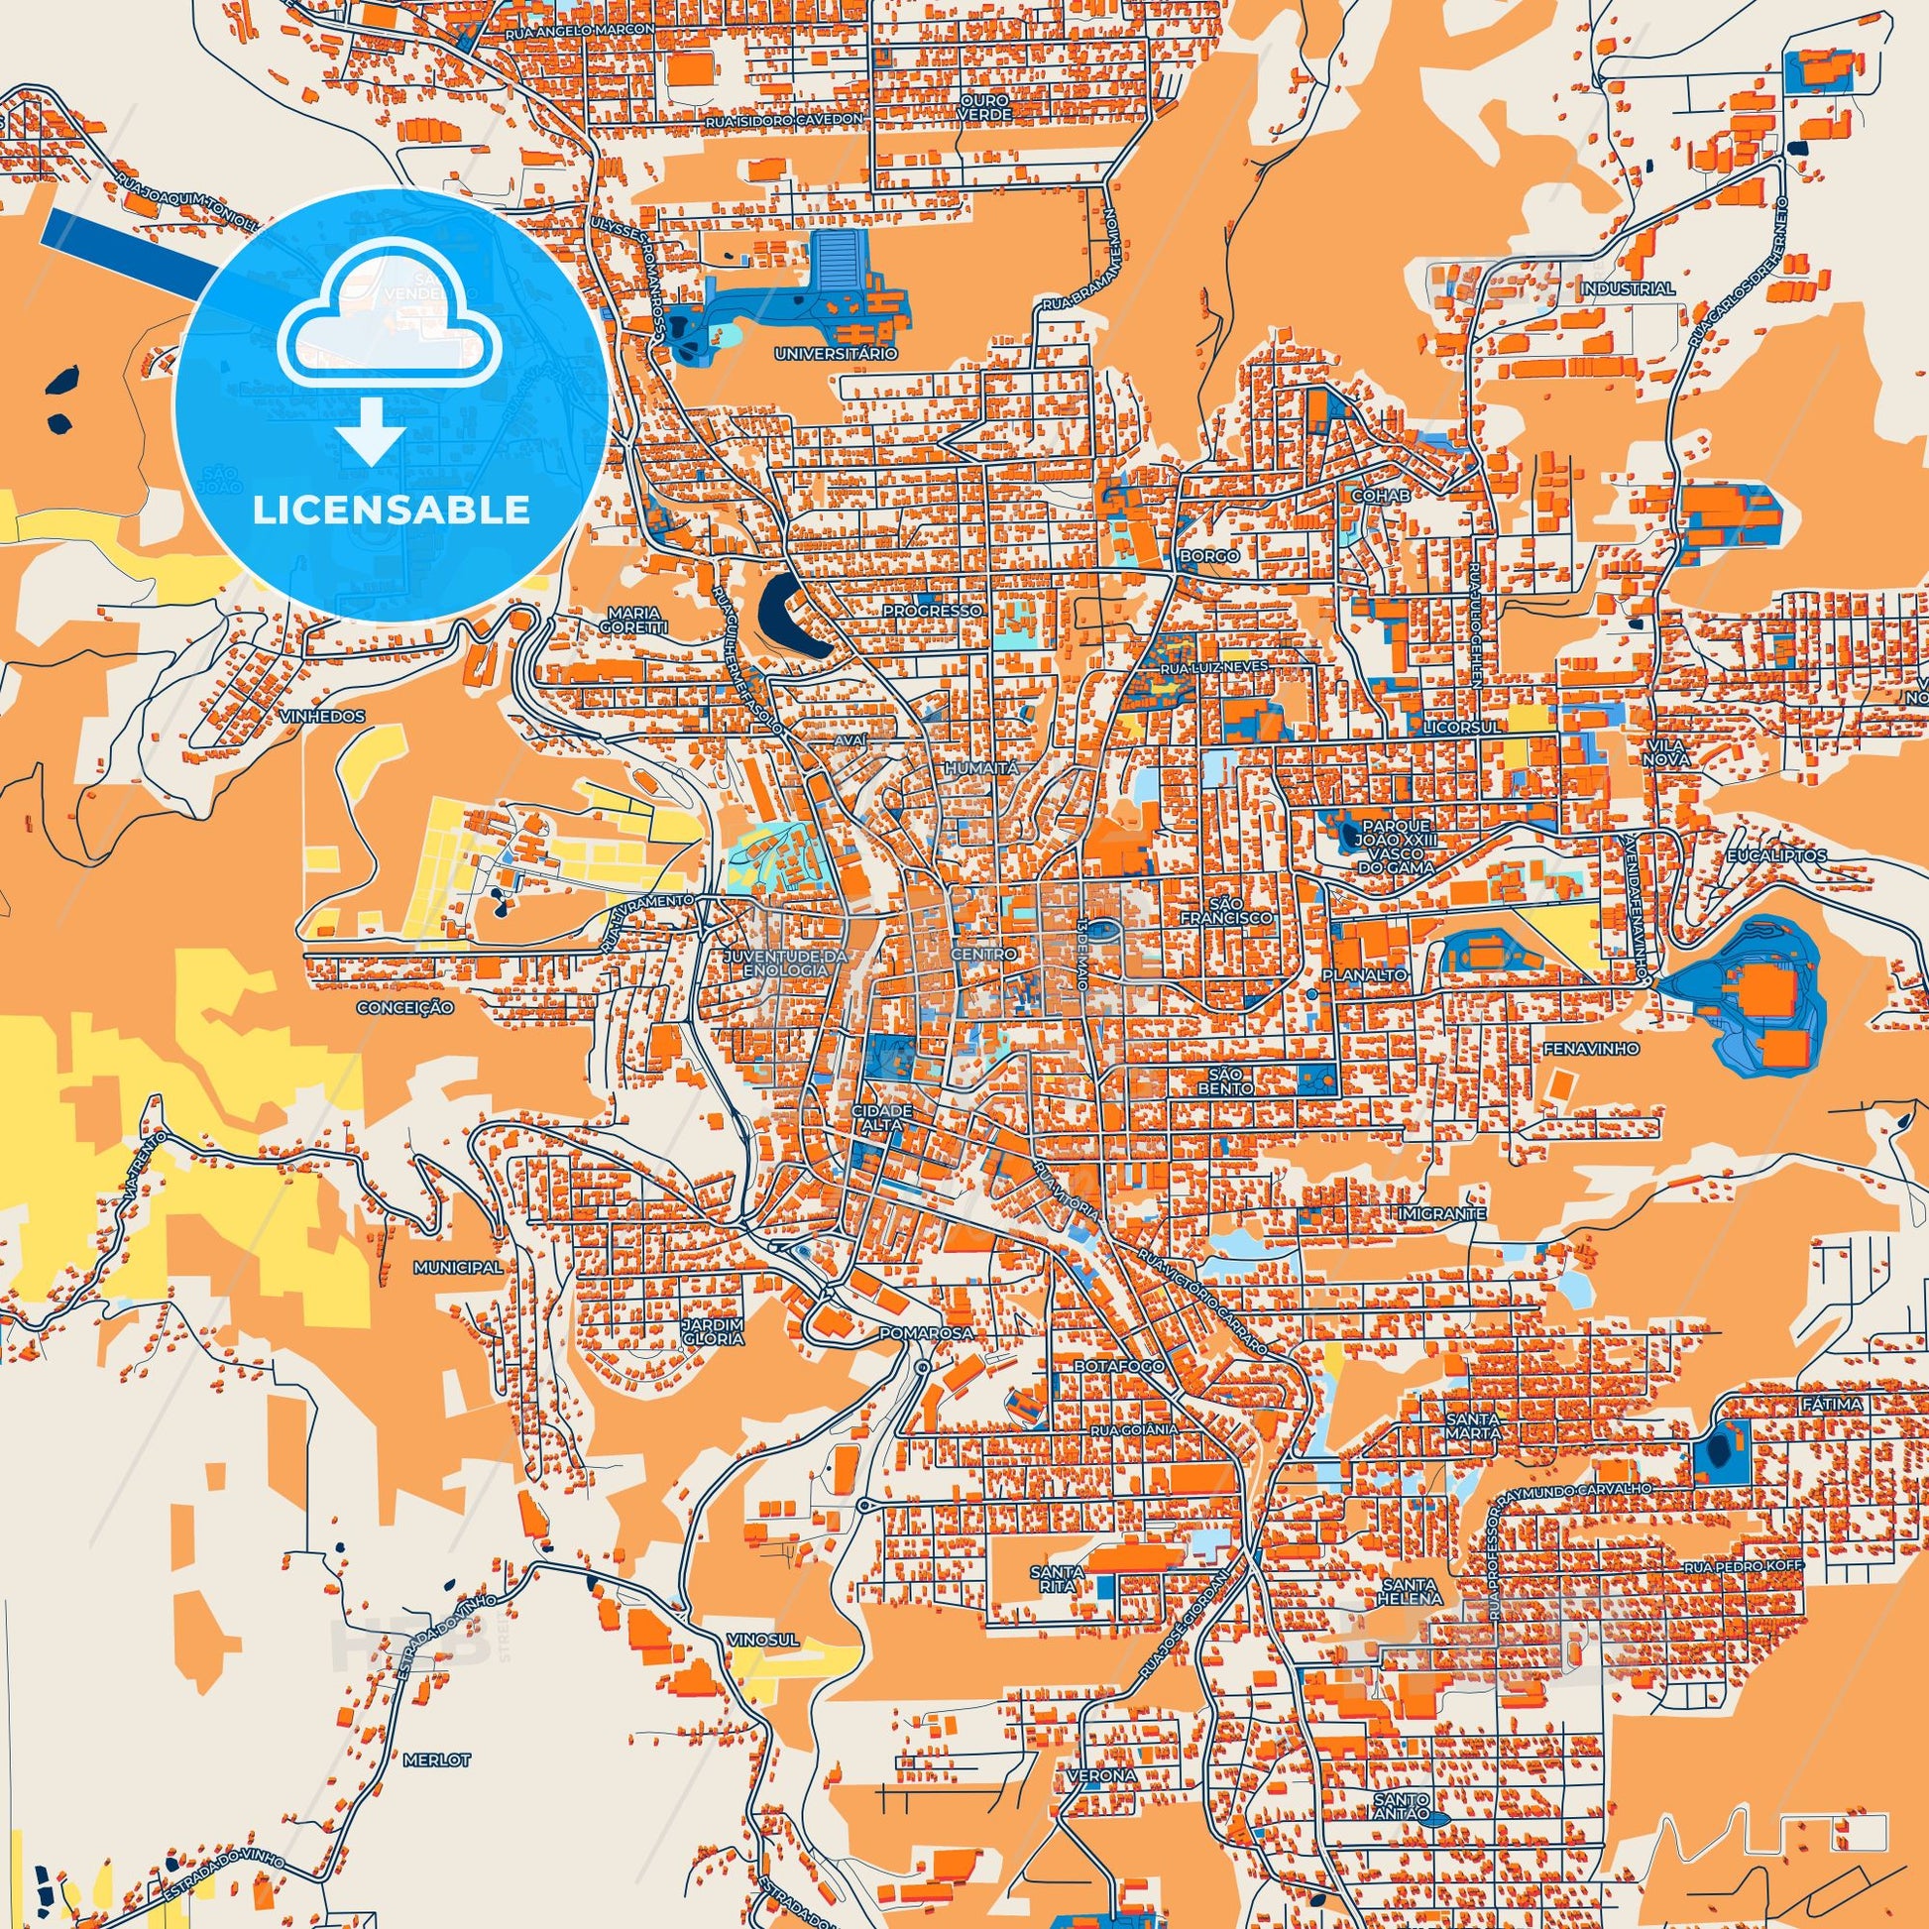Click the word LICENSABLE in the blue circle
[x=391, y=511]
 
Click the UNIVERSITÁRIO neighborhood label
[x=837, y=354]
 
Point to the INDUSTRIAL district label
[x=1628, y=288]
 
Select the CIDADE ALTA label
[x=881, y=1117]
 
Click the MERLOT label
[x=436, y=1759]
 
